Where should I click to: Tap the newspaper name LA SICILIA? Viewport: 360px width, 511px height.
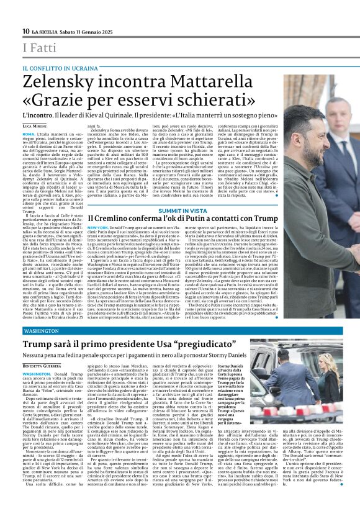click(x=47, y=31)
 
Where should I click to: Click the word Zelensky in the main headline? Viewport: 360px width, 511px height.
click(x=54, y=81)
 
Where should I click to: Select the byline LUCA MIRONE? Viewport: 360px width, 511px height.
click(x=34, y=125)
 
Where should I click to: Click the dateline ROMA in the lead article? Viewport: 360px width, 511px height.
click(x=29, y=133)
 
